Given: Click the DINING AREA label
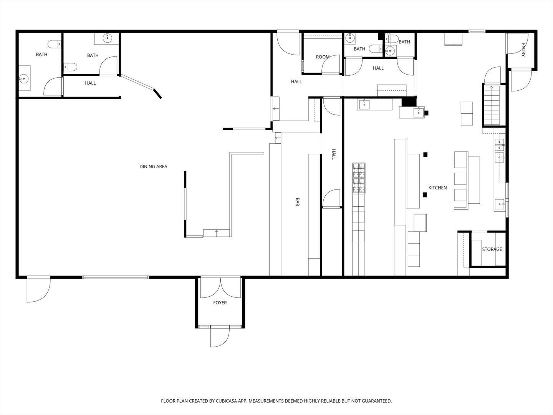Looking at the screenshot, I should (153, 167).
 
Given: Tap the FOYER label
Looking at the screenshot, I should (220, 303).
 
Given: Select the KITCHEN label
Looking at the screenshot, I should (437, 188).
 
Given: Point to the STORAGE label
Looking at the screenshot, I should (492, 249).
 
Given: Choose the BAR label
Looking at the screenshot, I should (297, 203).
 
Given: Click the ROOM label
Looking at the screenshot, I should (323, 57).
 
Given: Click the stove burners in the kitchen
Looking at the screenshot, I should (359, 178).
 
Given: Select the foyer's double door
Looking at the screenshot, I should (220, 288).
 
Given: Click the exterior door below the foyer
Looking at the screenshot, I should (220, 337).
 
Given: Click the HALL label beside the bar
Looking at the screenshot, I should (333, 154).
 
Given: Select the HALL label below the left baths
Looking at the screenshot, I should (90, 83).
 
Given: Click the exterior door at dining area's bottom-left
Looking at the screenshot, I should (38, 289).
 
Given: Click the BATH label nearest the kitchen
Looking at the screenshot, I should (404, 42).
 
